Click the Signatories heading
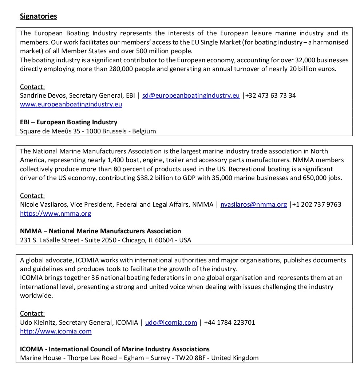[38, 16]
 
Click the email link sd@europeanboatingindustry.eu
[191, 95]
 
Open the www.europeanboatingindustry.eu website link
[71, 104]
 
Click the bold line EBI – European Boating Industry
[68, 122]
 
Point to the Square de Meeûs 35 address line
[88, 131]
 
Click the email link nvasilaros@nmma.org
[253, 204]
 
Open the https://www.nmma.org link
[55, 214]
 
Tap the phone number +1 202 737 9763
[317, 204]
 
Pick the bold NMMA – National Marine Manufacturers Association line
[100, 231]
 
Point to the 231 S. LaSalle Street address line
[106, 240]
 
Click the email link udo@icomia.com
[171, 323]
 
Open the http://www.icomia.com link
[56, 331]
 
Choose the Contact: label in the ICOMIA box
[32, 313]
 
